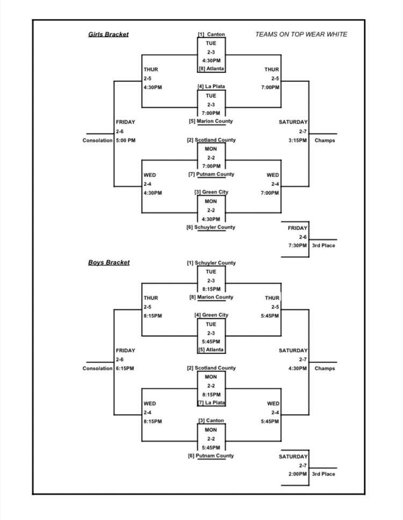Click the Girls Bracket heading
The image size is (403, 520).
(109, 35)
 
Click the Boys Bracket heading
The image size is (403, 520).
(109, 263)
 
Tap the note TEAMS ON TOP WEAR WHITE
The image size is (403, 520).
(301, 35)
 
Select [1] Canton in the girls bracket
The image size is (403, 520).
(211, 35)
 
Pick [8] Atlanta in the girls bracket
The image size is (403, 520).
(211, 69)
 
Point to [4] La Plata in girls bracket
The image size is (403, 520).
(211, 86)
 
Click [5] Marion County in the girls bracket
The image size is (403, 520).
(211, 121)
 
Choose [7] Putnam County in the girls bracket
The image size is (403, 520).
(211, 175)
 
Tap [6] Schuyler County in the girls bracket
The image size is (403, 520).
(211, 227)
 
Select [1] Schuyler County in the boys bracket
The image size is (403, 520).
(211, 263)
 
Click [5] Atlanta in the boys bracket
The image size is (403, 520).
(211, 350)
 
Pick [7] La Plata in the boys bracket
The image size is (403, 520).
(211, 403)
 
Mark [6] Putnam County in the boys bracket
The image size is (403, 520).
(211, 456)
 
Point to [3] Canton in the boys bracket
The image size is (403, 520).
(211, 421)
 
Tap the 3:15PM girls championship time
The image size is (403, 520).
(297, 141)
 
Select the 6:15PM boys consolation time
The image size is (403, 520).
(125, 369)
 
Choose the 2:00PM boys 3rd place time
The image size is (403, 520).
(297, 474)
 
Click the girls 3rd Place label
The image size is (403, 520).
(323, 246)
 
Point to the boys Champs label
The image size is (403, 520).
(325, 369)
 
